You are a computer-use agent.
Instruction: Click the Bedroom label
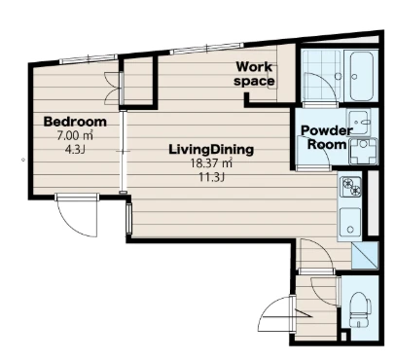pos(75,122)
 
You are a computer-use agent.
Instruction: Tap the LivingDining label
pos(211,150)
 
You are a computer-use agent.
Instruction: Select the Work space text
pos(254,74)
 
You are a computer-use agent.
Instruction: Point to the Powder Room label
pos(327,137)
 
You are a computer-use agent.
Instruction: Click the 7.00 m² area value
pos(75,135)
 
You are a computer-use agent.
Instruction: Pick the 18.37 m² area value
pos(211,163)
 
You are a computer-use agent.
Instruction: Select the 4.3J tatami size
pos(75,150)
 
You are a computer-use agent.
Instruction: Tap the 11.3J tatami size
pos(211,177)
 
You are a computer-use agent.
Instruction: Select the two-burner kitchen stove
pos(350,187)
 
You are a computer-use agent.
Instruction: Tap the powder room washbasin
pos(358,123)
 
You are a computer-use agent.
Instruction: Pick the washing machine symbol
pos(364,152)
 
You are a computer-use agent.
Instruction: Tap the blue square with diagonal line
pos(365,255)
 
